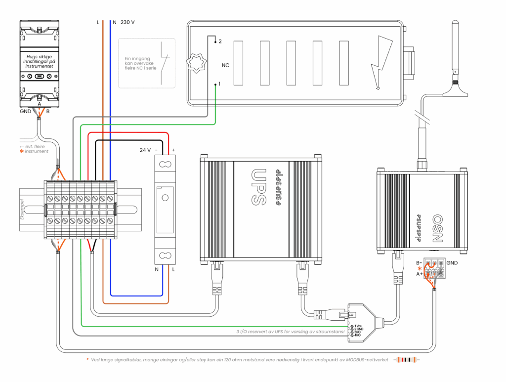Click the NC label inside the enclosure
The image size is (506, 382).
coord(225,65)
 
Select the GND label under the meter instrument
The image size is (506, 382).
coord(26,112)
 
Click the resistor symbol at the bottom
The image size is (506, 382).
coord(407,360)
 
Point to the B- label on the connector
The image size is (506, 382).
coord(420,263)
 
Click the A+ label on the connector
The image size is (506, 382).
coord(420,274)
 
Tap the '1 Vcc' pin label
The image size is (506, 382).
coord(358,326)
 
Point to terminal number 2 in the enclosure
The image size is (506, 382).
coord(219,42)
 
